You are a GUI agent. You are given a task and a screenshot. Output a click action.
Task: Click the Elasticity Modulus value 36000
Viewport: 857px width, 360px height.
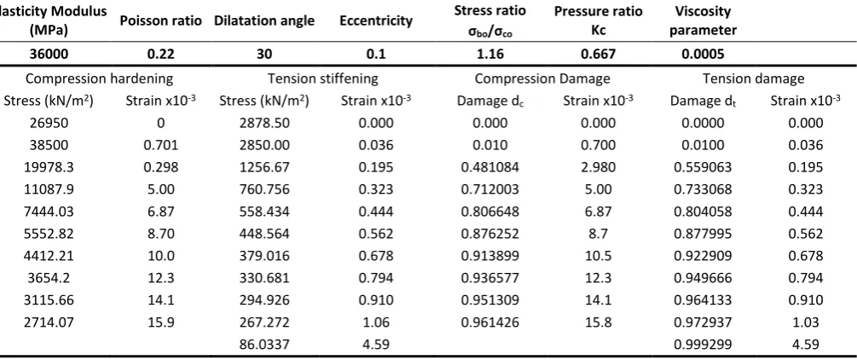point(49,54)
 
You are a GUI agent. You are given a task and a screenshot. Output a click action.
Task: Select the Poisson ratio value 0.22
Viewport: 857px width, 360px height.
point(160,54)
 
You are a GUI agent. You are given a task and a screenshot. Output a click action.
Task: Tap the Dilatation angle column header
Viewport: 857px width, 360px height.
point(264,20)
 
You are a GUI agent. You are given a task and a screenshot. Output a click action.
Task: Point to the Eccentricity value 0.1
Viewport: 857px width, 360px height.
point(375,54)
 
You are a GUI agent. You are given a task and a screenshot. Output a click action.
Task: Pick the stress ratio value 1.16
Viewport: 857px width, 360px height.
point(489,54)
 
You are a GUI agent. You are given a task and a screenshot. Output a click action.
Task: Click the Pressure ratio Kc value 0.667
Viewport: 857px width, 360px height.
point(598,54)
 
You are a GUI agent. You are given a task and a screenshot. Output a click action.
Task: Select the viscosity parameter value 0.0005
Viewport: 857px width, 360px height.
point(704,54)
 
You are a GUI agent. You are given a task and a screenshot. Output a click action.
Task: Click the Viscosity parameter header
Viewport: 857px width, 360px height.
point(703,20)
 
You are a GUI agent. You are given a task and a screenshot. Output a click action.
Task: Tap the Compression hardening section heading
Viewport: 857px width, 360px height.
point(100,78)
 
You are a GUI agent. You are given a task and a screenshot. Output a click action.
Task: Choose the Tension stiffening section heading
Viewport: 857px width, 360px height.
point(322,78)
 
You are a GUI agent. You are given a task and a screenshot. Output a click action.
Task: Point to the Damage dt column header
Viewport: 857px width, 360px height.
point(704,102)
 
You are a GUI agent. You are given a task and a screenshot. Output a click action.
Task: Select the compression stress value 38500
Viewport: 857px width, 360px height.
point(49,146)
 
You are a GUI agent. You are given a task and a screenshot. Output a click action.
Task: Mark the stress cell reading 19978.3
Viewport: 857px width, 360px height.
point(49,167)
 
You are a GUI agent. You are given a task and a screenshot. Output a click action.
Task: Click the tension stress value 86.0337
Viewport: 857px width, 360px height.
point(264,345)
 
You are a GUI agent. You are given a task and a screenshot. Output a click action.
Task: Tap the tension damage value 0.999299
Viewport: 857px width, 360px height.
point(704,345)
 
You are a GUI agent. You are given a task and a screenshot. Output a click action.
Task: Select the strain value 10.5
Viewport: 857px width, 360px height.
point(598,256)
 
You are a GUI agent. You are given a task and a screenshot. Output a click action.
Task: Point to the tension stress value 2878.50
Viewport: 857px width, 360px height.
point(264,123)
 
